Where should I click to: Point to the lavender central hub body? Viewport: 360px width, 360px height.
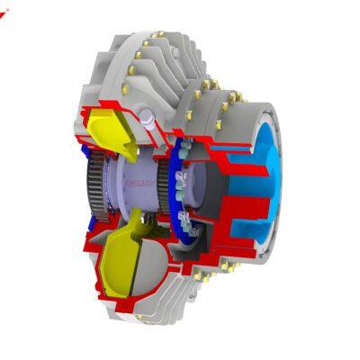coord(135,193)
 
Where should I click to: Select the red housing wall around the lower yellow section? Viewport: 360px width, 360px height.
coord(90,270)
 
